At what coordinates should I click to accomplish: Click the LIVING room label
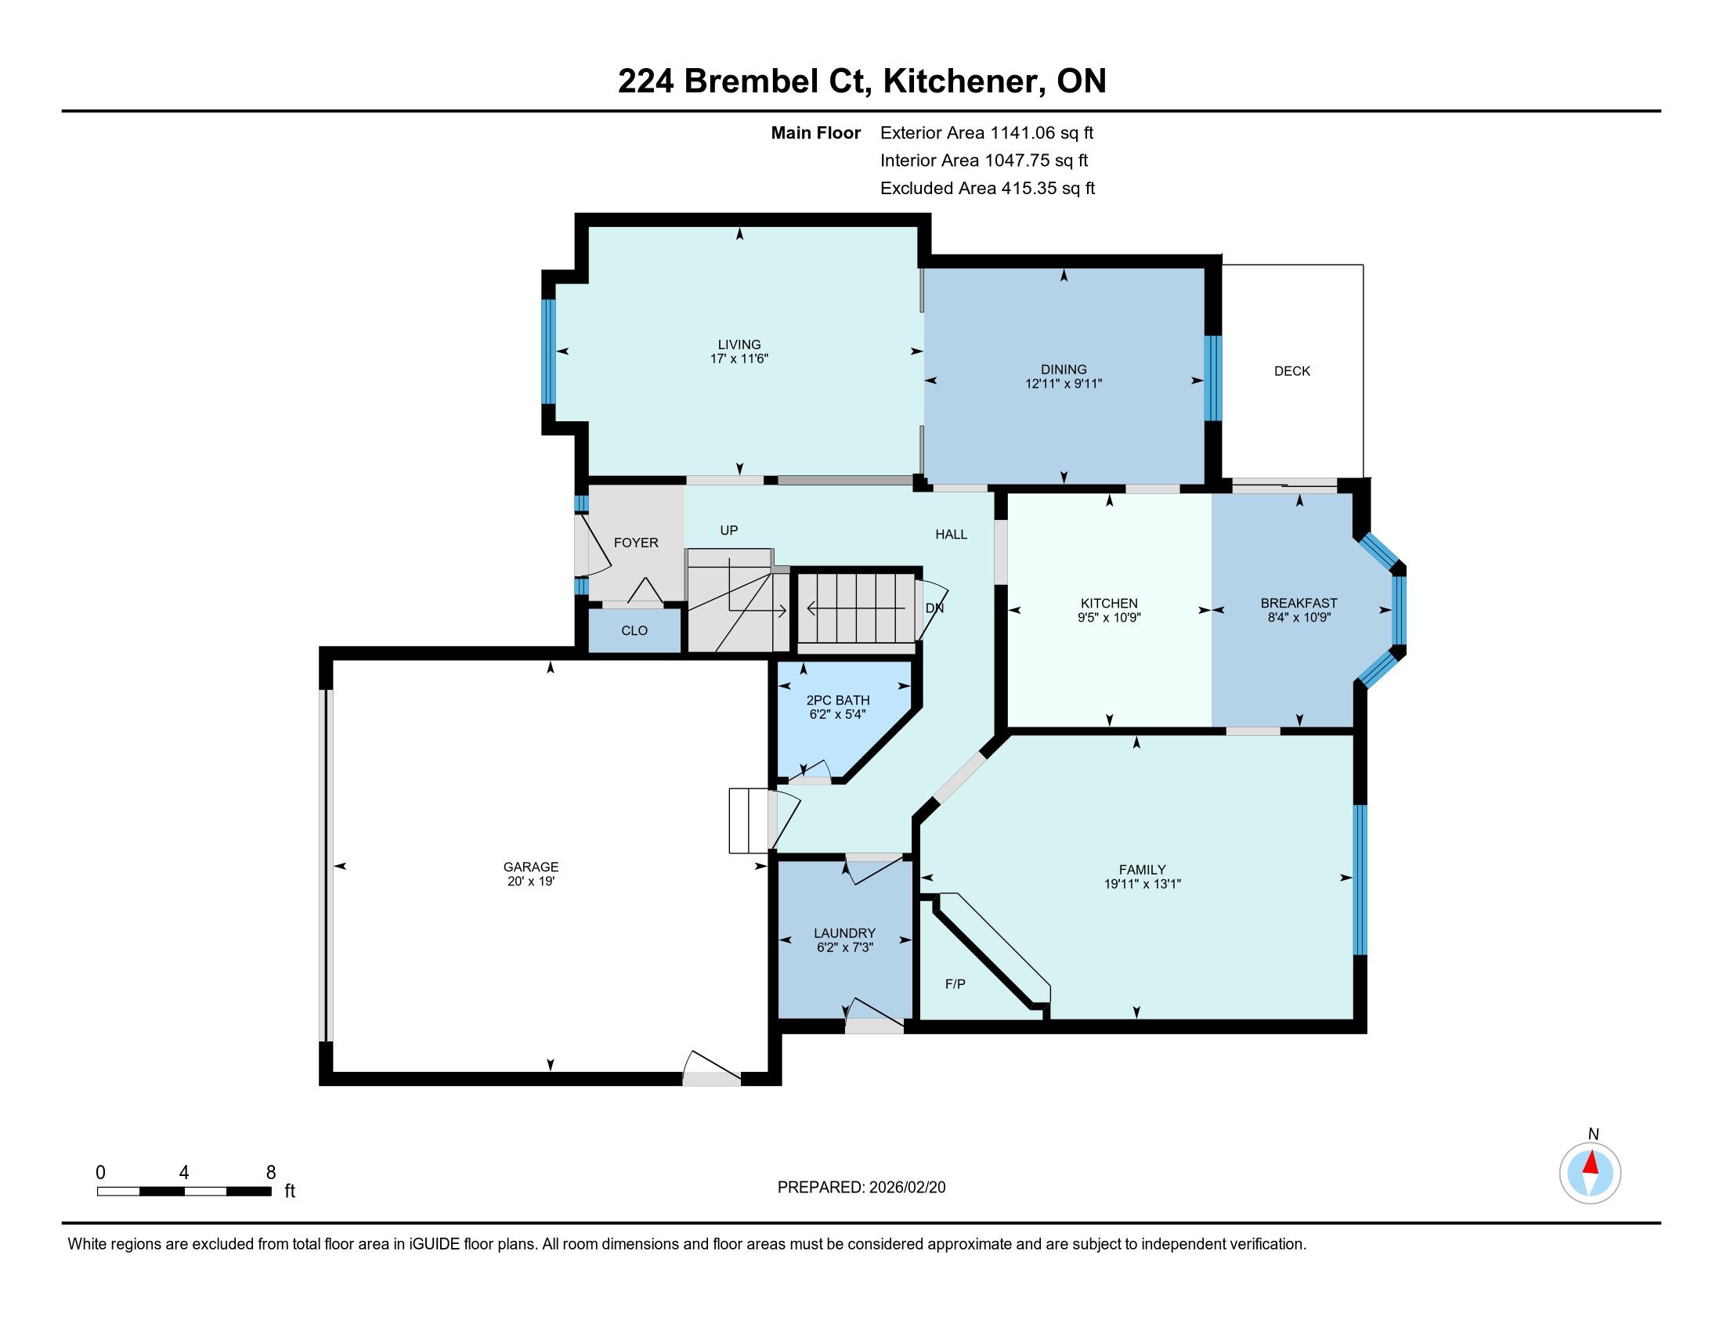[x=739, y=344]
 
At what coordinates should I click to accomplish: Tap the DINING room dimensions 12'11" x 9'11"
[x=1064, y=384]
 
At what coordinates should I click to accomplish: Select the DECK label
[x=1292, y=370]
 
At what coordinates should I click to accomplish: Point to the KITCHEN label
[x=1109, y=603]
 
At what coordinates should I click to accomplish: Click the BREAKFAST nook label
[x=1299, y=603]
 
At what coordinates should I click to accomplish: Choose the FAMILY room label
[x=1143, y=870]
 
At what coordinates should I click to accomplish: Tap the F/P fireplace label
[x=955, y=984]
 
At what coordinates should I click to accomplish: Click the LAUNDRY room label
[x=845, y=932]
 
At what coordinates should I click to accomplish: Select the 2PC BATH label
[x=838, y=700]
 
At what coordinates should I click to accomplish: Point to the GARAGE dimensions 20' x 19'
[x=531, y=882]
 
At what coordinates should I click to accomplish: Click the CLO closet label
[x=634, y=631]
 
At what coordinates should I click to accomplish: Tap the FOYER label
[x=636, y=543]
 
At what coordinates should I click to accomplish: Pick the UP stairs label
[x=729, y=531]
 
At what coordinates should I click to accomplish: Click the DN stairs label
[x=934, y=608]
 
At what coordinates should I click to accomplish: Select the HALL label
[x=952, y=535]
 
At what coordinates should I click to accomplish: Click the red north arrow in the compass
[x=1591, y=1163]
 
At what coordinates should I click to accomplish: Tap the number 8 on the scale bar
[x=271, y=1173]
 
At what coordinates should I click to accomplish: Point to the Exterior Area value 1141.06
[x=1022, y=133]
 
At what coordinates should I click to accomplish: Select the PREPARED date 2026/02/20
[x=907, y=1188]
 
